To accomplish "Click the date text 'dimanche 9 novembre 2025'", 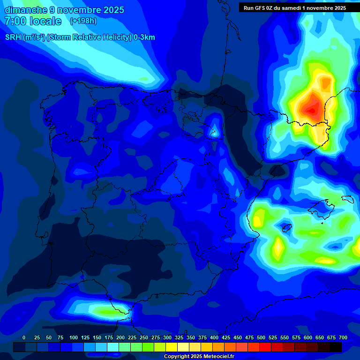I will coord(64,10).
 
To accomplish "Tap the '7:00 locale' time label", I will coord(33,21).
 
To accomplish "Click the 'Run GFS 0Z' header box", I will coord(294,7).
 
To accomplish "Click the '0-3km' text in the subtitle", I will coord(144,37).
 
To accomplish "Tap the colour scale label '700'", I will coord(343,337).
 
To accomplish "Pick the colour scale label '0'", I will coord(24,337).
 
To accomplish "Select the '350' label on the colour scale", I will coord(191,337).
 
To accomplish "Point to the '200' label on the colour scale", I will coord(120,337).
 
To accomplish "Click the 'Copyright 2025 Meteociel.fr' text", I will coord(199,357).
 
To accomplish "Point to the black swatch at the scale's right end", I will coord(336,347).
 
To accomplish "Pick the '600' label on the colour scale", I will coord(308,337).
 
